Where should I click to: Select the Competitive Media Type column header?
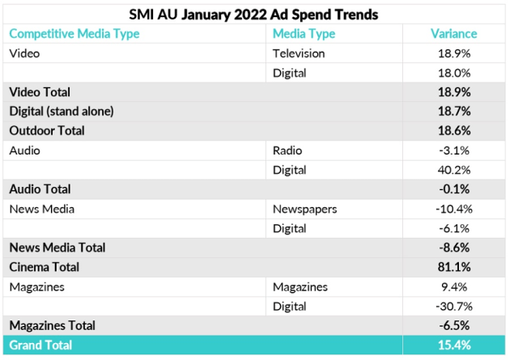pos(74,34)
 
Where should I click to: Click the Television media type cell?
pos(299,53)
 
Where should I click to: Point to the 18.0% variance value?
pos(454,73)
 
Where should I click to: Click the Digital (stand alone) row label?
pos(61,111)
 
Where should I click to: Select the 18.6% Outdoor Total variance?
pos(454,130)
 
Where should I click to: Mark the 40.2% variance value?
pos(454,169)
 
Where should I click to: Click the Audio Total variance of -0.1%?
pos(454,188)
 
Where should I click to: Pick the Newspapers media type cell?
pos(304,209)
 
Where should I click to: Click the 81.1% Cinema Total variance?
pos(454,266)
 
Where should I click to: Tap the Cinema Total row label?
pos(45,266)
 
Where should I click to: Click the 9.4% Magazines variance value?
pos(455,286)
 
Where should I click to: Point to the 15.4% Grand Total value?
pos(454,345)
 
